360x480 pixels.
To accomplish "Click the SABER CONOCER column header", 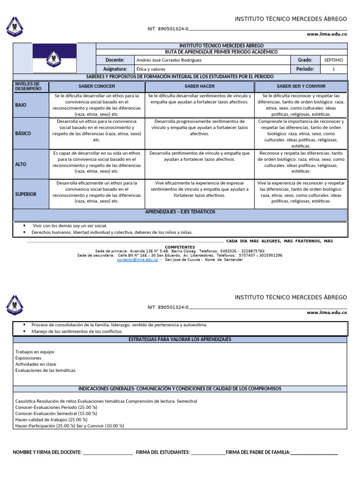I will coord(97,87).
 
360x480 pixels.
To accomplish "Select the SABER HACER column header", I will coord(200,87).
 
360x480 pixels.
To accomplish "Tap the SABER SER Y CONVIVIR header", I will coord(301,87).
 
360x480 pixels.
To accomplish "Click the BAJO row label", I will coord(21,105).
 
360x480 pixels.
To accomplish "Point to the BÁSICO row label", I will coord(23,134).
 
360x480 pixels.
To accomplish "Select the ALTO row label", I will coord(21,165).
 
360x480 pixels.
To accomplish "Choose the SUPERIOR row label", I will coord(26,194).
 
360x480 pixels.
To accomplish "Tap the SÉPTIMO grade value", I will coord(333,60).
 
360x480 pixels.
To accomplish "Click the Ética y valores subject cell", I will coord(150,69).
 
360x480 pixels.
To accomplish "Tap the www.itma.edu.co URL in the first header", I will coord(327,34).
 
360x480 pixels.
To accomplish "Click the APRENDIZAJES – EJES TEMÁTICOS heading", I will coord(180,212).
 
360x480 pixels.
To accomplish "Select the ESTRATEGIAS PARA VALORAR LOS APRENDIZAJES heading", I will coord(180,339).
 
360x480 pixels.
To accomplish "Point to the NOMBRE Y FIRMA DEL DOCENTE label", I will coord(47,452).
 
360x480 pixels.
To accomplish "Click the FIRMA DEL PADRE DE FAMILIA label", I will coord(258,452).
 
